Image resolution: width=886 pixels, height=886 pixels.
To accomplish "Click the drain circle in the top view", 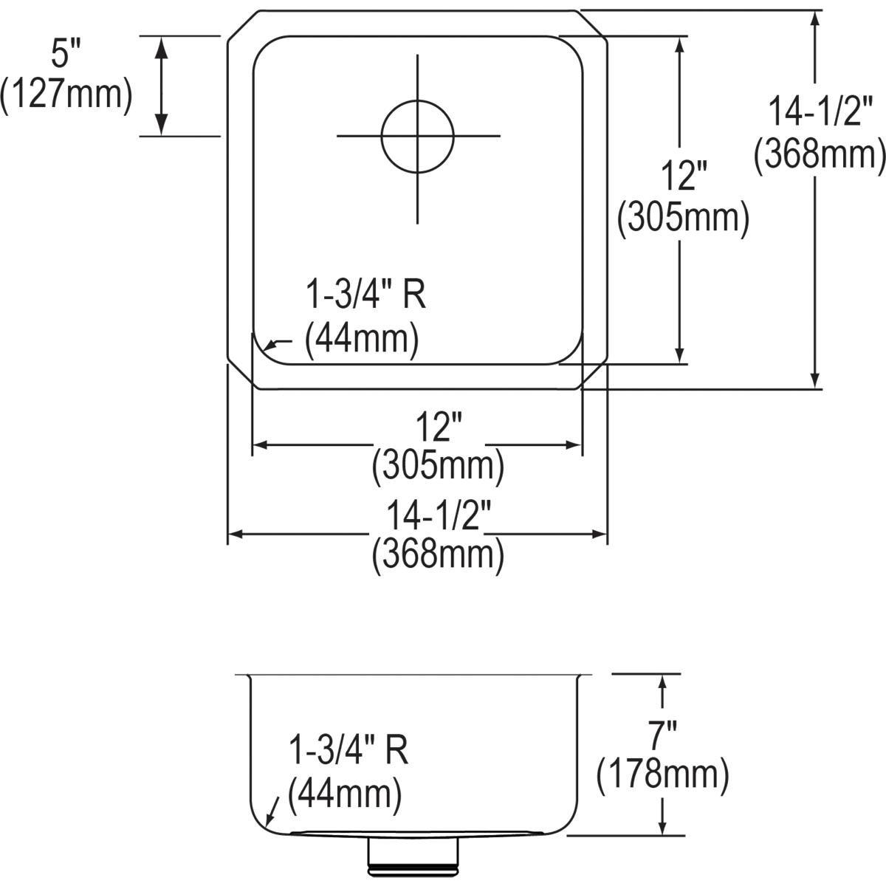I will (417, 136).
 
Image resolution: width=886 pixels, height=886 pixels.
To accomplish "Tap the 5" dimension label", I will (65, 56).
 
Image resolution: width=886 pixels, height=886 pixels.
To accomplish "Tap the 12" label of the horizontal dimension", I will (437, 427).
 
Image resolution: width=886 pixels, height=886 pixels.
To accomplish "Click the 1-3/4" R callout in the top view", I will (366, 297).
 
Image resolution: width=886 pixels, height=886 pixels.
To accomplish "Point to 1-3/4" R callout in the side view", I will (348, 752).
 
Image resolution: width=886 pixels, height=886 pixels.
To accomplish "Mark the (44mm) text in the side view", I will (345, 794).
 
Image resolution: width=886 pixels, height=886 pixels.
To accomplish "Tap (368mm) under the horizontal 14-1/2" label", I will (439, 554).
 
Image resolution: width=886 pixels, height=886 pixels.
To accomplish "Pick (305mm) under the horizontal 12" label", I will (439, 467).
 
